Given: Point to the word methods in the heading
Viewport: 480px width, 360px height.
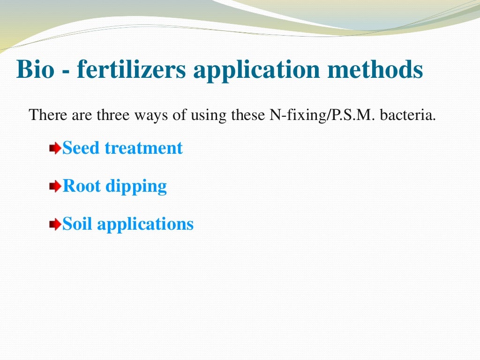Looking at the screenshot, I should point(370,69).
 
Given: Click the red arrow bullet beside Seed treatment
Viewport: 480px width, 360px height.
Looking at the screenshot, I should point(56,149).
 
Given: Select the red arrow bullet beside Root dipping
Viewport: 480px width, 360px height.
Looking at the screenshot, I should point(56,187).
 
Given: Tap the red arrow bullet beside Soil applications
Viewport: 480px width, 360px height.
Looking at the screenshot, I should point(56,225).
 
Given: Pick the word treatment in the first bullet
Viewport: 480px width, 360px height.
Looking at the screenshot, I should point(143,148).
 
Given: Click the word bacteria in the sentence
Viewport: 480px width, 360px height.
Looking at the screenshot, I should point(408,115).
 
